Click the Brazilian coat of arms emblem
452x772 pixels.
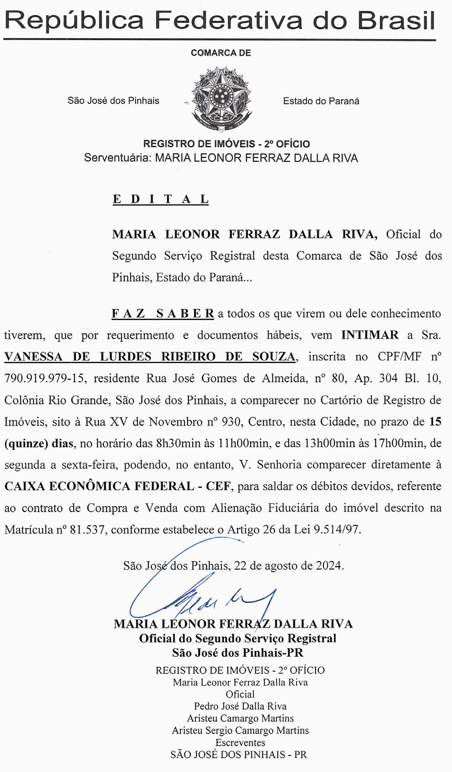click(221, 99)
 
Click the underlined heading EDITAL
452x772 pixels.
click(161, 199)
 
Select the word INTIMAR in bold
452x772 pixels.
click(369, 335)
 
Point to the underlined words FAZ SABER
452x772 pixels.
click(163, 314)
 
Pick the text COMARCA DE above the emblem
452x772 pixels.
click(221, 53)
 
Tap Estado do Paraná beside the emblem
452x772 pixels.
click(321, 101)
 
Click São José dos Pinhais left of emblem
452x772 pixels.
click(113, 101)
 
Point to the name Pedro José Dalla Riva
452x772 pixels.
click(240, 706)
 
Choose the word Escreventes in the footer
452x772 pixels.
click(240, 743)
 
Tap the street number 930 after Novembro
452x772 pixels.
click(231, 422)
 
